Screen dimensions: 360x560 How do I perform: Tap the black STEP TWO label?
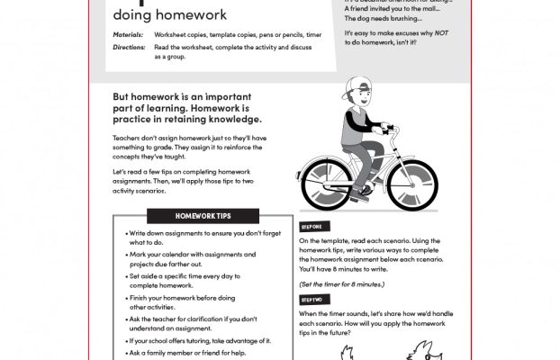pyautogui.click(x=312, y=298)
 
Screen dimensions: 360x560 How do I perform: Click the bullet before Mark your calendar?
pyautogui.click(x=121, y=255)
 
